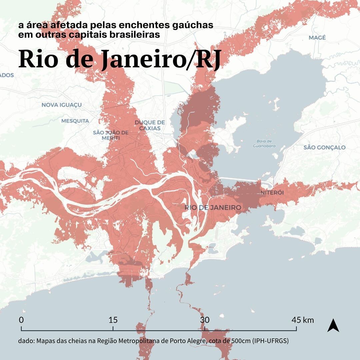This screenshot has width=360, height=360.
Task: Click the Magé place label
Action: [x=317, y=38]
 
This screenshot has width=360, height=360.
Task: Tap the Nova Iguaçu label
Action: [x=62, y=105]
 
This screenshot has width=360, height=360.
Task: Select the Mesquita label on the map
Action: [x=75, y=121]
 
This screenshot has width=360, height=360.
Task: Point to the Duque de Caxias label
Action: [x=150, y=125]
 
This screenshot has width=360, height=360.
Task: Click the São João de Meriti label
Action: [x=111, y=135]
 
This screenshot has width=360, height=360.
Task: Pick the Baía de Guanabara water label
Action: [x=264, y=144]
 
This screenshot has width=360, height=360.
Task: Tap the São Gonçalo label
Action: [x=324, y=147]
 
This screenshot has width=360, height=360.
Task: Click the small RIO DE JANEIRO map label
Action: [x=213, y=208]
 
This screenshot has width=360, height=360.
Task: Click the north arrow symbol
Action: [x=333, y=325]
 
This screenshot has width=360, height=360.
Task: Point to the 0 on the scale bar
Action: [x=21, y=320]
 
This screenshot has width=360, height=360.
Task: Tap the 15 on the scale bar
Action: [x=113, y=320]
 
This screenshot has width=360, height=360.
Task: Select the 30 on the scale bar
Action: [x=205, y=320]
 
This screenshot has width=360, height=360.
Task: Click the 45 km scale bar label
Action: [x=303, y=320]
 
